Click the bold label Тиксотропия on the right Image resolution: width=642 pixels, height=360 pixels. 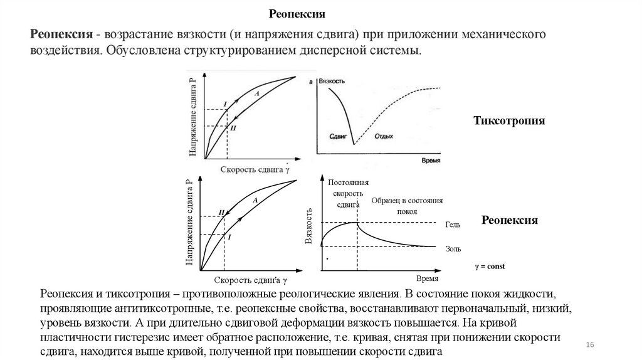pyautogui.click(x=509, y=120)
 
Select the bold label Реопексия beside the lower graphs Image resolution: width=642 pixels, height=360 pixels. pyautogui.click(x=510, y=220)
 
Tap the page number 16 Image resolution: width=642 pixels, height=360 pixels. pyautogui.click(x=589, y=346)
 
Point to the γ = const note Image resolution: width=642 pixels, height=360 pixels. pyautogui.click(x=489, y=266)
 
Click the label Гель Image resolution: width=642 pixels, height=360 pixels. pyautogui.click(x=453, y=224)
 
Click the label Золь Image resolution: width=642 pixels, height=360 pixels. pyautogui.click(x=453, y=248)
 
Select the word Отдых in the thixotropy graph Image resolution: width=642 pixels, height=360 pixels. pyautogui.click(x=384, y=135)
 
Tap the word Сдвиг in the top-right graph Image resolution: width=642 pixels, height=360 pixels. pyautogui.click(x=338, y=135)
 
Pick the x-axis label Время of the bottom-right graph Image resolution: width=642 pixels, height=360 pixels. pyautogui.click(x=427, y=277)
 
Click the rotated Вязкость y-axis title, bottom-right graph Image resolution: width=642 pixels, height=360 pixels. pyautogui.click(x=308, y=226)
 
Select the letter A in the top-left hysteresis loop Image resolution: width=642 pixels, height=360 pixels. pyautogui.click(x=256, y=92)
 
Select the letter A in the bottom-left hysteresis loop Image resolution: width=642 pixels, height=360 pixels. pyautogui.click(x=255, y=199)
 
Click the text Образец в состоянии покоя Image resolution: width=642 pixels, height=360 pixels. pyautogui.click(x=407, y=206)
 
